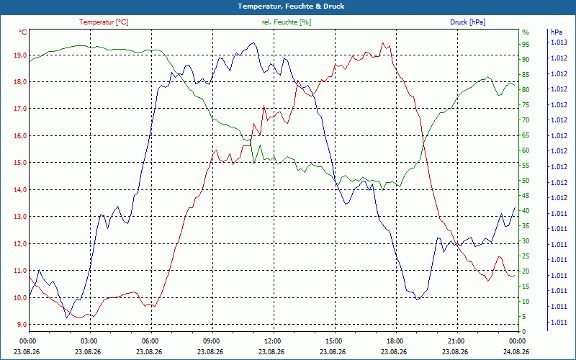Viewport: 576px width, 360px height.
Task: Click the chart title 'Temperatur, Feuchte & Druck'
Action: (291, 6)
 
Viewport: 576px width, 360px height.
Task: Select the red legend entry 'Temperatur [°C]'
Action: (104, 22)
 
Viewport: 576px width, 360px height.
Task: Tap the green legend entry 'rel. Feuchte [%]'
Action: (286, 22)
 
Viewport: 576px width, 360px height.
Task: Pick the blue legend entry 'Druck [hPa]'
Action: (467, 22)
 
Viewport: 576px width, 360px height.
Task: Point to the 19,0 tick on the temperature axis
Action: (20, 55)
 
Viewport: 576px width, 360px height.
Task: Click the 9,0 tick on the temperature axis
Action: (22, 325)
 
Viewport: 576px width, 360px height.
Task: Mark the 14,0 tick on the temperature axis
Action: (20, 189)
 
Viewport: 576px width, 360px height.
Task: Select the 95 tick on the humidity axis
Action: (526, 45)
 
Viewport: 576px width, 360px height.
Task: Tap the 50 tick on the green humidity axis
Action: (526, 181)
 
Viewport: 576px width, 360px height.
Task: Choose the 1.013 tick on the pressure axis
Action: (559, 42)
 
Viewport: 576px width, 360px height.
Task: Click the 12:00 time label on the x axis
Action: (273, 341)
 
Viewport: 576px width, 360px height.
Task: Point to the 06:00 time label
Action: (150, 341)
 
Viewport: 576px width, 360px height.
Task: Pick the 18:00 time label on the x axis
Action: (395, 341)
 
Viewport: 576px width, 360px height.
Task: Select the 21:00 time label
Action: (456, 341)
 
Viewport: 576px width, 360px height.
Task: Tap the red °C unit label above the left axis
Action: (23, 32)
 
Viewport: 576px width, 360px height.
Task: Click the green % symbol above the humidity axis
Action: (526, 32)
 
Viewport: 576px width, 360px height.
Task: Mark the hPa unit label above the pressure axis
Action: (556, 32)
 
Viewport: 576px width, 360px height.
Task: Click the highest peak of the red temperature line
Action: (383, 42)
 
